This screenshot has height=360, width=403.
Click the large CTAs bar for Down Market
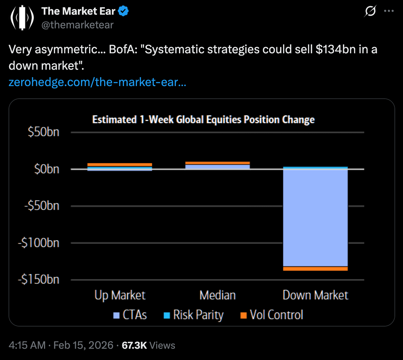coord(315,218)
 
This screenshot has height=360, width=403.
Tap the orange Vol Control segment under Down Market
coord(315,269)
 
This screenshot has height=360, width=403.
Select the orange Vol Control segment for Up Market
coord(120,165)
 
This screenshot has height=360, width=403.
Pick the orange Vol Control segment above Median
coord(218,163)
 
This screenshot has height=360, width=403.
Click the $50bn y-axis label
coord(43,132)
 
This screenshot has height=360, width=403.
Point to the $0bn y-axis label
coord(46,169)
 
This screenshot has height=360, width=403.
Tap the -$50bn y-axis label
coord(42,206)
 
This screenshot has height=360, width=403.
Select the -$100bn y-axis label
coord(39,243)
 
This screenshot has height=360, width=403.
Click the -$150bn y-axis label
coord(39,280)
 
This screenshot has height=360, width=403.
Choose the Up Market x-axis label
coord(120,295)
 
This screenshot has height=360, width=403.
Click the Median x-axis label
coord(218,295)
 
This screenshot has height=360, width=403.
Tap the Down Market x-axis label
coord(315,295)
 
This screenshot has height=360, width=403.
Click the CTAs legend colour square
coord(116,315)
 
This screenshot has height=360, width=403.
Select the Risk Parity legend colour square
coord(167,315)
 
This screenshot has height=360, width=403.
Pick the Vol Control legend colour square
coord(244,315)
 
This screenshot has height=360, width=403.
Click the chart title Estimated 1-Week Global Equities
coord(203,120)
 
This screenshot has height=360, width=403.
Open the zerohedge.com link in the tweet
coord(97,82)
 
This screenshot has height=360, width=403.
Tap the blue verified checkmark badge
coord(123,11)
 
